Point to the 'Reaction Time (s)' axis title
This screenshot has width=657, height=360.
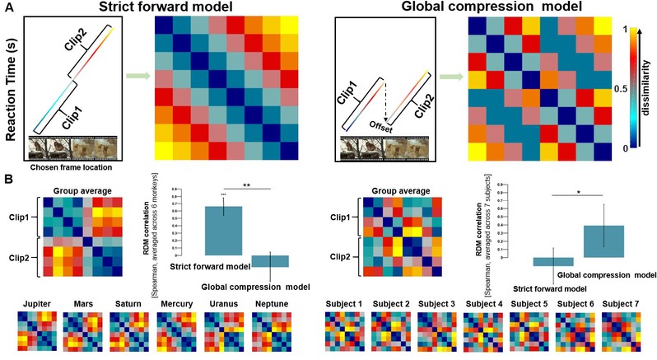click(11, 82)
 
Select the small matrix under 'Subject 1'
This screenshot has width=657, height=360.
click(346, 334)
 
